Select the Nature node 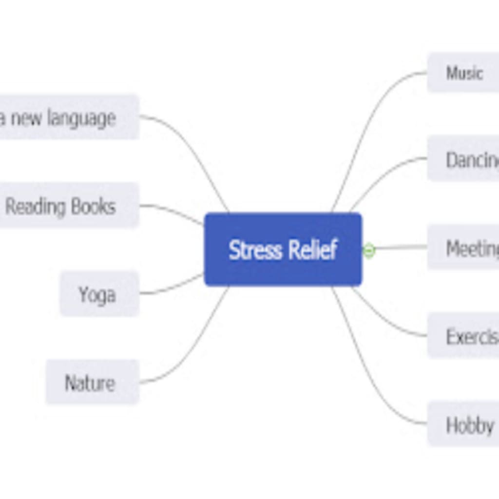pos(92,383)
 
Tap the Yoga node pos(99,294)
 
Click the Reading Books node pos(68,206)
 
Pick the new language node pos(68,118)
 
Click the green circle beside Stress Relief pos(369,250)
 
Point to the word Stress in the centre pos(255,250)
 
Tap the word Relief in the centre pos(312,250)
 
